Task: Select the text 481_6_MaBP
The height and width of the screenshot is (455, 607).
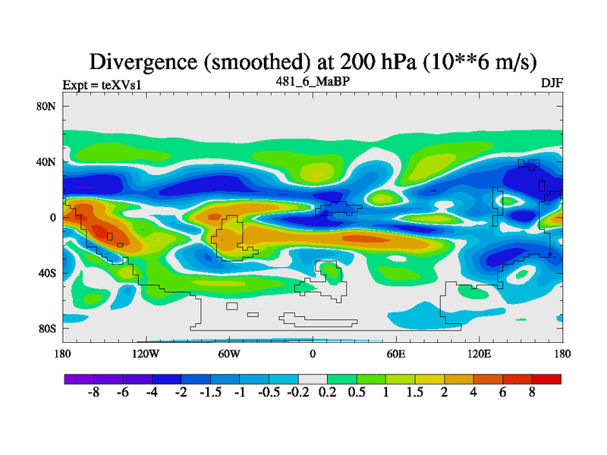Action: [313, 80]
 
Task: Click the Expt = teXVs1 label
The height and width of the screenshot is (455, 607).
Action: [102, 85]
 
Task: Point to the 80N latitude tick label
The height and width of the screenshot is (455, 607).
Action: [47, 106]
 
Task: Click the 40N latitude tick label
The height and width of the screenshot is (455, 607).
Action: [47, 162]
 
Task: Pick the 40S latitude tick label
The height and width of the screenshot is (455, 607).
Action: [47, 273]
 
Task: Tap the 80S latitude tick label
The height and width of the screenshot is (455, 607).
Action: [47, 328]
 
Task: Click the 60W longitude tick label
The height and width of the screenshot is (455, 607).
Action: [229, 353]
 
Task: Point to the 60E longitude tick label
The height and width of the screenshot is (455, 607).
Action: [396, 353]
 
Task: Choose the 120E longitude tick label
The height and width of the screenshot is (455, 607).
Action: [480, 353]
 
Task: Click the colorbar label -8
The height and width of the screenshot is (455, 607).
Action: [94, 394]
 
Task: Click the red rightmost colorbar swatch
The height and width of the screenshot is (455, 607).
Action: [546, 378]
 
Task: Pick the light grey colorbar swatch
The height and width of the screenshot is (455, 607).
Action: [313, 378]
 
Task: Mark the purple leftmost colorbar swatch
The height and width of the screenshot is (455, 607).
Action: [79, 378]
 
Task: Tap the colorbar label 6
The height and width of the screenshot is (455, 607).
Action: [502, 394]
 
